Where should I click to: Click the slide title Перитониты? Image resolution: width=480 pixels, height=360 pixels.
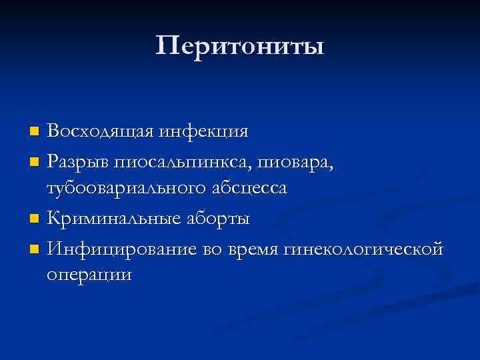click(x=240, y=46)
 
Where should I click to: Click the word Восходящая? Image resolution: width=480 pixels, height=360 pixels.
click(x=100, y=131)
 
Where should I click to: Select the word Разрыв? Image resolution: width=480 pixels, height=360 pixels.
click(x=78, y=161)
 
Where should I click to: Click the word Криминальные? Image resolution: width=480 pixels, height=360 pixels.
click(x=111, y=218)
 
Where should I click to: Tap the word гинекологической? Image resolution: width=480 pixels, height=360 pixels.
click(x=364, y=247)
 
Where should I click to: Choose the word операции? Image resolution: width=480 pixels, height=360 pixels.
click(x=89, y=276)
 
